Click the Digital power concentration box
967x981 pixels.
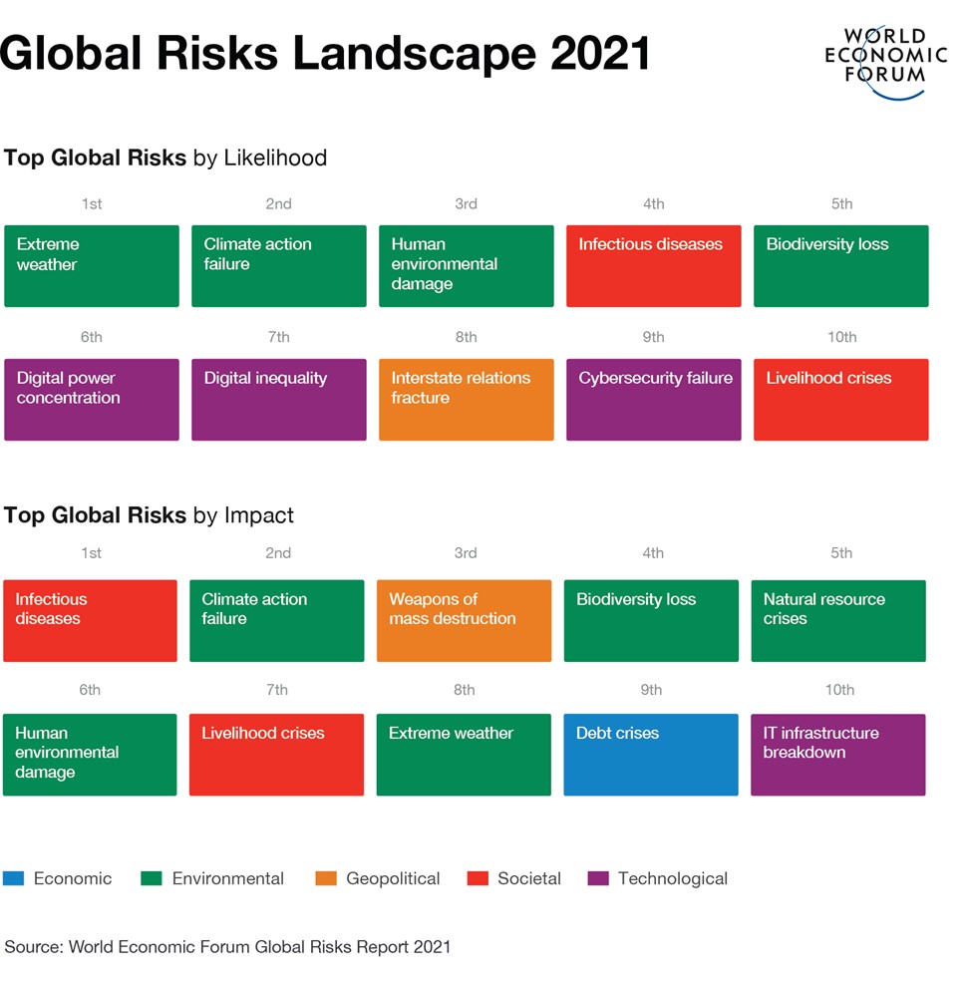pos(92,400)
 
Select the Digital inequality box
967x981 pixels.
pos(278,400)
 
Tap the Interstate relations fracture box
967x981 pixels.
pos(466,400)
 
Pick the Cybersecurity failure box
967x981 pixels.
pos(653,400)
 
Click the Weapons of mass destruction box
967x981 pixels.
pos(464,621)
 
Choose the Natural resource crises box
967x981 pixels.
pos(837,621)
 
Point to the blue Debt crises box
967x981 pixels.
pos(651,755)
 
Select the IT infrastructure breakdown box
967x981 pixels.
pos(837,755)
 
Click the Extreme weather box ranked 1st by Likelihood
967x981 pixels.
pos(92,266)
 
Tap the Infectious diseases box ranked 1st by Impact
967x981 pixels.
pos(90,621)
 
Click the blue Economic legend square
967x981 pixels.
pos(13,878)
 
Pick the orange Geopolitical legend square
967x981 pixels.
pos(325,878)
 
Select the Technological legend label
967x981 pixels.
pos(672,878)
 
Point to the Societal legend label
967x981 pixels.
pos(528,878)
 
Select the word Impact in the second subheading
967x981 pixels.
pos(258,515)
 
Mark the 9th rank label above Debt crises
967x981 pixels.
pos(651,689)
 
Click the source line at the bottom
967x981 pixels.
pos(227,946)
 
